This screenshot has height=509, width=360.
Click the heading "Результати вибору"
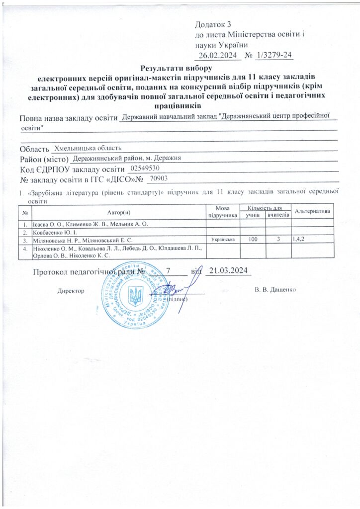click(177, 68)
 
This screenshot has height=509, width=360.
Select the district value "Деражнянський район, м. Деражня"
click(126, 158)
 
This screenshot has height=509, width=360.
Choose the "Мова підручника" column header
click(221, 212)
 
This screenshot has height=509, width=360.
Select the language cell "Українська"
click(222, 240)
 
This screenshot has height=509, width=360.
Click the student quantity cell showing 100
click(253, 240)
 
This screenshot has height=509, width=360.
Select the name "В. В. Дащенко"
click(275, 289)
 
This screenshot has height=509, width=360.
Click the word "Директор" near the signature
click(71, 289)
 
